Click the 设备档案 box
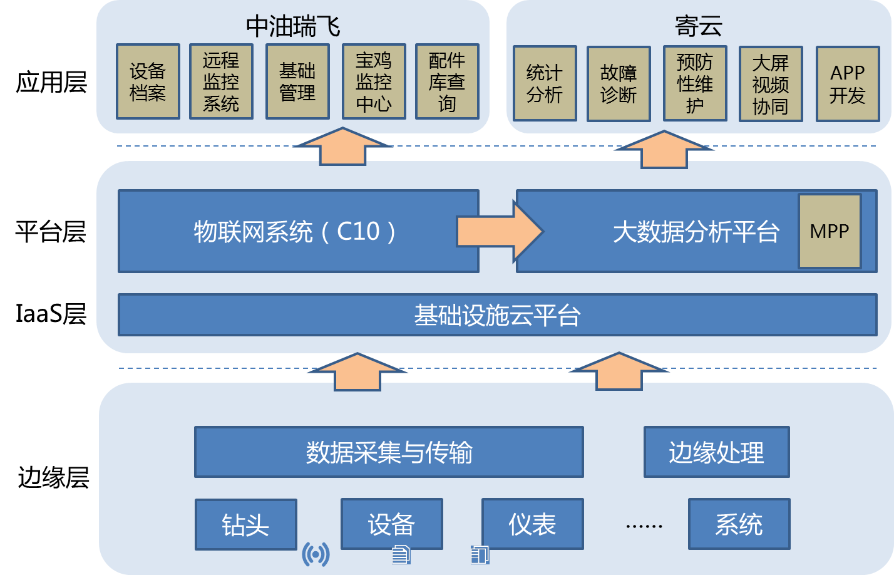coord(148,81)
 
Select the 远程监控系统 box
coord(221,81)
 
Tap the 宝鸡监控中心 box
coord(374,81)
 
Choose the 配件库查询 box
coord(447,81)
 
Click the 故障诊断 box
coord(619,84)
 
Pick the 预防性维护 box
coord(695,83)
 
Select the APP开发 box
coord(848,84)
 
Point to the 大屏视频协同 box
coord(771,84)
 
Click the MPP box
coord(830,231)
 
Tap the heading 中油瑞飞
coord(293,26)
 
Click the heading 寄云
coord(699,26)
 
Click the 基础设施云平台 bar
coord(497,315)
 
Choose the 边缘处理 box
coord(716,452)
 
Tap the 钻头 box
coord(245,525)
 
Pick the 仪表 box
coord(532,524)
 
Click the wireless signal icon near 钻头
coord(316,554)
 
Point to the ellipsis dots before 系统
coord(644,526)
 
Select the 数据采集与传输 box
coord(389,452)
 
